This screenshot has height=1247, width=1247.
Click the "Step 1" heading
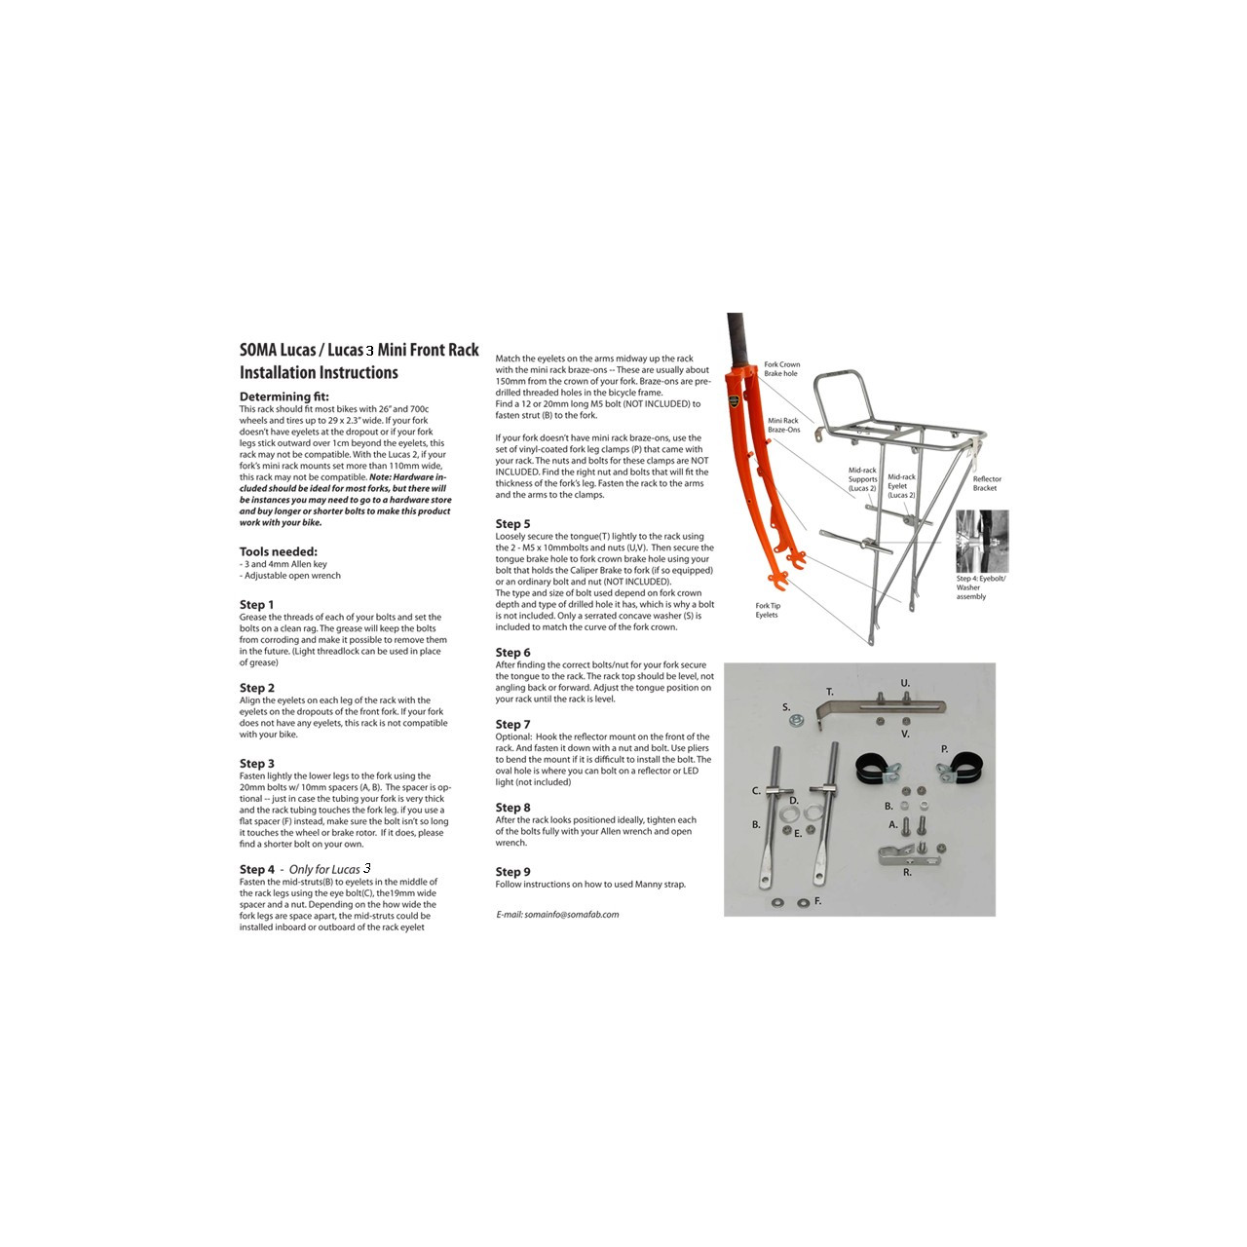pyautogui.click(x=257, y=605)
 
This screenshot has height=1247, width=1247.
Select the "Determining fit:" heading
pyautogui.click(x=284, y=397)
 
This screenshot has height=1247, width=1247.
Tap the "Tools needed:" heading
pyautogui.click(x=279, y=551)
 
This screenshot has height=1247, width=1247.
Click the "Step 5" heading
pyautogui.click(x=512, y=524)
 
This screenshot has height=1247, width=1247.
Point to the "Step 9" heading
pyautogui.click(x=512, y=872)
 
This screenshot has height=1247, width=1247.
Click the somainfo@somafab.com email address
pyautogui.click(x=571, y=915)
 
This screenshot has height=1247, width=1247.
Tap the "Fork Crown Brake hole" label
pyautogui.click(x=781, y=369)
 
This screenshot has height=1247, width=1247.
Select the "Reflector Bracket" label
pyautogui.click(x=986, y=483)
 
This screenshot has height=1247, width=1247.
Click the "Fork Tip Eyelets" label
pyautogui.click(x=768, y=610)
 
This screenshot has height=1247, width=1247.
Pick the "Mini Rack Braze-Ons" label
pyautogui.click(x=783, y=426)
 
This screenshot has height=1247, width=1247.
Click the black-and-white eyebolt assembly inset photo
pyautogui.click(x=981, y=541)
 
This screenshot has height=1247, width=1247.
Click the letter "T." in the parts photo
pyautogui.click(x=830, y=692)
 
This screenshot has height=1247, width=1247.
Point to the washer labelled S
pyautogui.click(x=797, y=721)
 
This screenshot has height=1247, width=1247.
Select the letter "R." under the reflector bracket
pyautogui.click(x=907, y=873)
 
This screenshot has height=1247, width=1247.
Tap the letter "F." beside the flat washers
pyautogui.click(x=817, y=901)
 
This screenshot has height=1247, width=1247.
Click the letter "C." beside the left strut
pyautogui.click(x=756, y=791)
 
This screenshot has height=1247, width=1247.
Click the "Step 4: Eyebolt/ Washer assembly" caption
pyautogui.click(x=980, y=587)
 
